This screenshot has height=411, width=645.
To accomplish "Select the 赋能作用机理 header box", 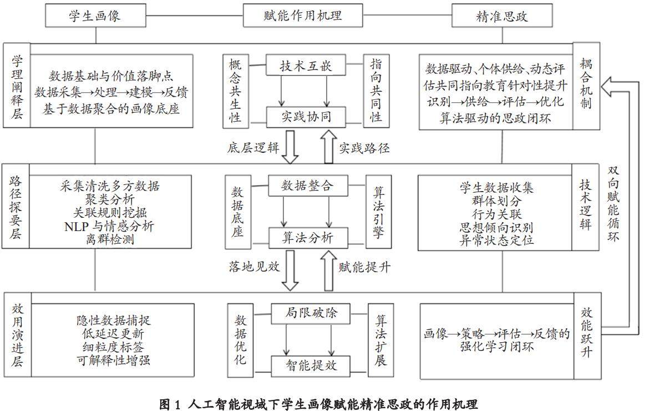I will [x=302, y=16].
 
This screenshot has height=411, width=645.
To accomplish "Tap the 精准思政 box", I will [x=502, y=16].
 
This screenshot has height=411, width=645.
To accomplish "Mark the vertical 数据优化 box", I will [x=241, y=340].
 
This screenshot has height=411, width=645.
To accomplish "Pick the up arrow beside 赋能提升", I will [x=328, y=270].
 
